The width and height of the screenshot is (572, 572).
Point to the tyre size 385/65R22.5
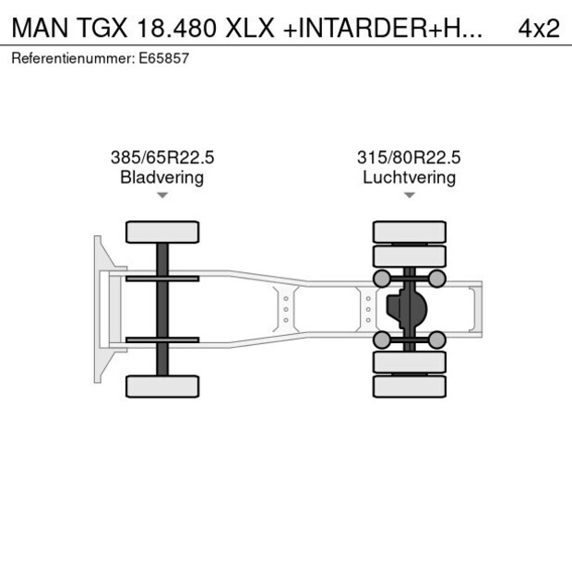161,158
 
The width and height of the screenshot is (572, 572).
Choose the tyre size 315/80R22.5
409,158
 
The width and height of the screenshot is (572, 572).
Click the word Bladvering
161,177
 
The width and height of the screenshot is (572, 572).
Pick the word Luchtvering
409,177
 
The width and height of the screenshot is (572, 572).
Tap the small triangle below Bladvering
161,196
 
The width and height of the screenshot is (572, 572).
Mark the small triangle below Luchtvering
409,196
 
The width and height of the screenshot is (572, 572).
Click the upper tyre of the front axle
162,232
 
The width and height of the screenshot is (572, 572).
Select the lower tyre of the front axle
162,386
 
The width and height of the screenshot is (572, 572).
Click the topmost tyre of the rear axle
409,232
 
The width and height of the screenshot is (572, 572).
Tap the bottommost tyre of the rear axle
409,386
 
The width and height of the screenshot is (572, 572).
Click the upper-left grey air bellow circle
381,278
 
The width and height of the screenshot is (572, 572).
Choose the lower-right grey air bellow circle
437,340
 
